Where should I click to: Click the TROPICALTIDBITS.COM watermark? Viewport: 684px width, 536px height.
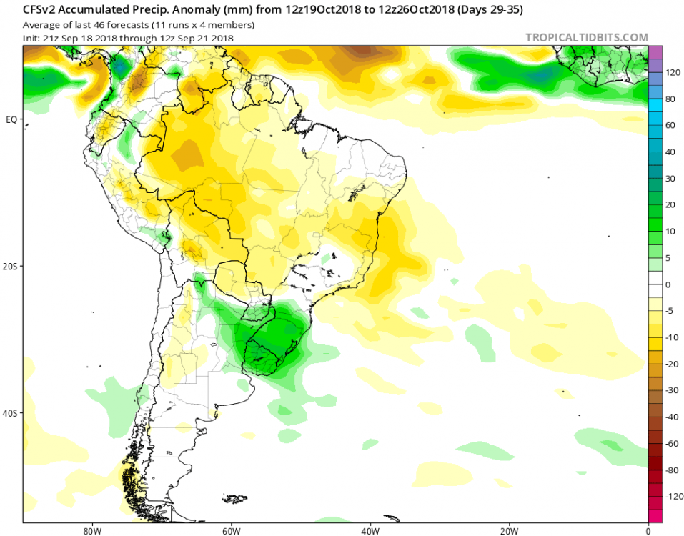point(587,37)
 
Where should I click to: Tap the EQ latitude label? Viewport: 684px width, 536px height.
point(11,119)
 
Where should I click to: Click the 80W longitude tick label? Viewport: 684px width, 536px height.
point(89,531)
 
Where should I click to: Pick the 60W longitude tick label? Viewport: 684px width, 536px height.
point(229,531)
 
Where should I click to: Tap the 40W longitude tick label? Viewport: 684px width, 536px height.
point(370,531)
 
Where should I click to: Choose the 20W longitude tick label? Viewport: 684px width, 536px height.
point(509,531)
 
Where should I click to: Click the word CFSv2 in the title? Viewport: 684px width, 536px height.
point(38,11)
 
